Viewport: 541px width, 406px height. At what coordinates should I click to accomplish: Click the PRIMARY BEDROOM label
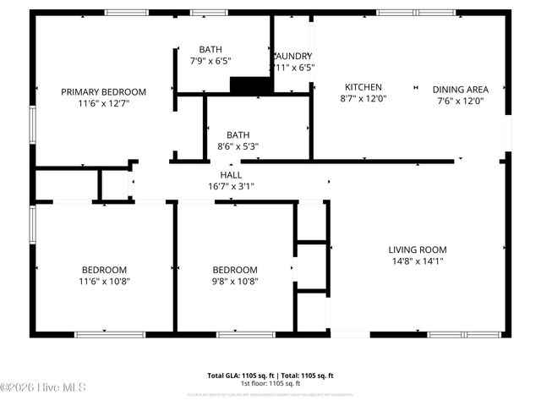tap(103, 92)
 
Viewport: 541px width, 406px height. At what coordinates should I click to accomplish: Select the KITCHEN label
tap(363, 87)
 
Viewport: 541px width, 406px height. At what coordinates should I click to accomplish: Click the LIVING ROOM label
tap(417, 250)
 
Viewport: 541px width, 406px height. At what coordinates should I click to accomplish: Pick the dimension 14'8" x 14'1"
tap(417, 261)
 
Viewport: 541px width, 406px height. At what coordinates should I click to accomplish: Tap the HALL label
tap(231, 175)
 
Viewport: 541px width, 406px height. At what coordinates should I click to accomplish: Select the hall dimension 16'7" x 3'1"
tap(231, 186)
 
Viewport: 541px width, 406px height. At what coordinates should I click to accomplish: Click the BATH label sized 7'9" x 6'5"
tap(210, 49)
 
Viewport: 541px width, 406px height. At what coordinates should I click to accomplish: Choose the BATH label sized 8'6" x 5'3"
tap(238, 134)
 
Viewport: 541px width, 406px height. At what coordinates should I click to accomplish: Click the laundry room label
tap(292, 56)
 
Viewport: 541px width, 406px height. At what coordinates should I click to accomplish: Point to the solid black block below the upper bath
tap(248, 85)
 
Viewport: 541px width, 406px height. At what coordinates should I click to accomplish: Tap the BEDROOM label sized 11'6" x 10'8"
tap(104, 270)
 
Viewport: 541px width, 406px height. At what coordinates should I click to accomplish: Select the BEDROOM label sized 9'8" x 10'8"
tap(234, 270)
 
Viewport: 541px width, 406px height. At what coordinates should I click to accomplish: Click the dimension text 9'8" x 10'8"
tap(234, 282)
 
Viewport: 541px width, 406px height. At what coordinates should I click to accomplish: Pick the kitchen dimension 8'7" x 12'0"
tap(363, 100)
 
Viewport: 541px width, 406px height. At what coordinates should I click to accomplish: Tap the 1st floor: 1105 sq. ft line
tap(270, 383)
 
